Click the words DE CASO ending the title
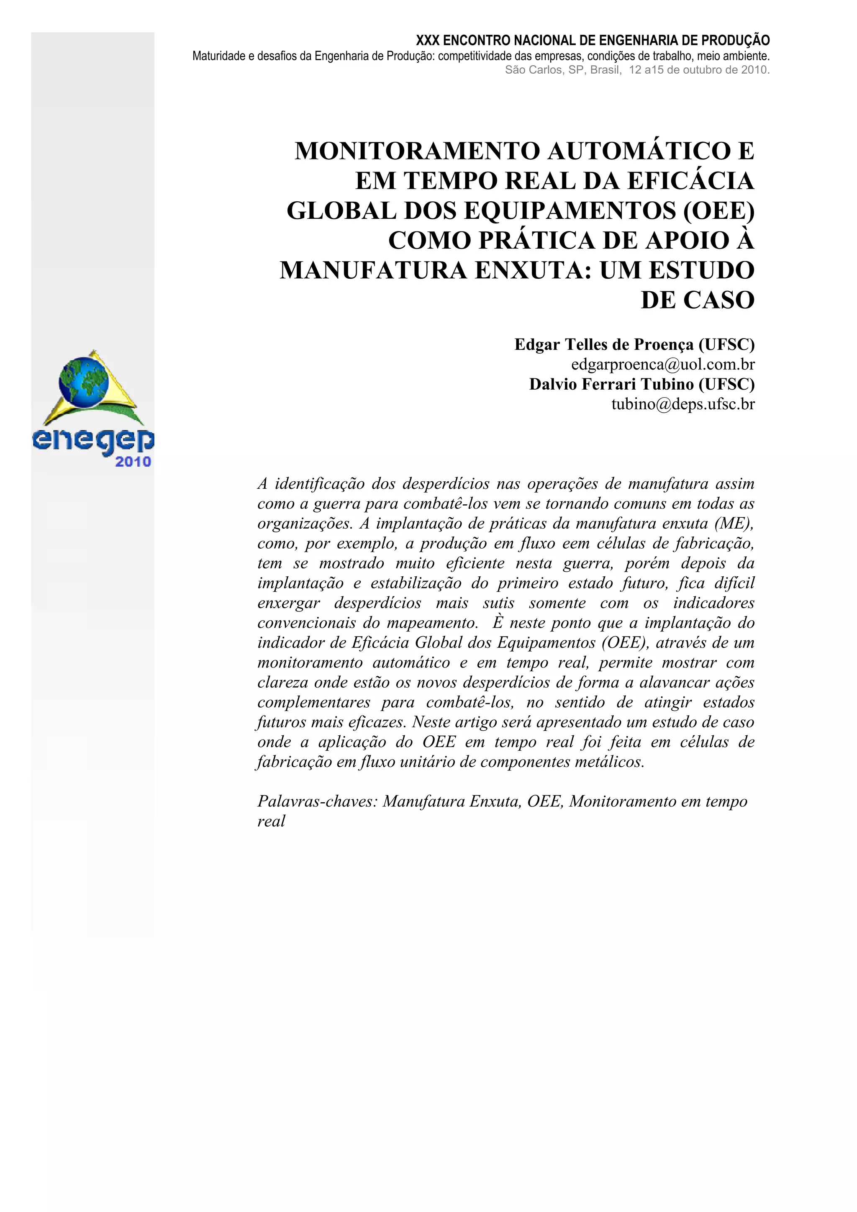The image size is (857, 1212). [x=697, y=300]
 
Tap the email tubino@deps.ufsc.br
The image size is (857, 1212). [x=683, y=404]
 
